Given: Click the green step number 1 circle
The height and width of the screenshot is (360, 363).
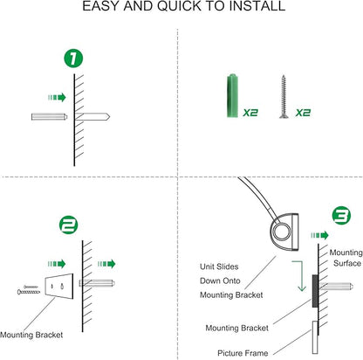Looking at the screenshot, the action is [73, 59].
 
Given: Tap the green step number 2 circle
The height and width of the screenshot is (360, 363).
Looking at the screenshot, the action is [69, 225].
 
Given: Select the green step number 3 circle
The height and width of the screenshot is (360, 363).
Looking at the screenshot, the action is [341, 216].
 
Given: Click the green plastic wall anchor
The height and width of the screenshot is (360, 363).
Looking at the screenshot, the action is [232, 95].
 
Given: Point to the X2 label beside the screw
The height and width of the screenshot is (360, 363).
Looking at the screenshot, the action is [303, 113].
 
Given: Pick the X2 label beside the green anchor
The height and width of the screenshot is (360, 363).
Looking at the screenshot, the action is [250, 113].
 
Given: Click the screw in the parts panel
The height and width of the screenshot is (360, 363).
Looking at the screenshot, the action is [283, 97].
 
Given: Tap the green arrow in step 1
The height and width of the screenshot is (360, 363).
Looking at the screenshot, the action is [57, 97].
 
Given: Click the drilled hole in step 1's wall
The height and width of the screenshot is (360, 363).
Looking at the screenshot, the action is [92, 117].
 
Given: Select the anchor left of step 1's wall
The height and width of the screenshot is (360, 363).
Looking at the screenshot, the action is [50, 117].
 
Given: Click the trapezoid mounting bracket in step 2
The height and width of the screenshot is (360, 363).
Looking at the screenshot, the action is [59, 287].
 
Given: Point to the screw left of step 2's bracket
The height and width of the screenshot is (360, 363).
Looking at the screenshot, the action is [29, 290].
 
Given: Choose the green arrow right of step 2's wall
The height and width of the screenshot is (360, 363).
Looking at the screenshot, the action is [106, 264].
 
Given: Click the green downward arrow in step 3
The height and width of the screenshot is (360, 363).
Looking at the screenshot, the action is [299, 276].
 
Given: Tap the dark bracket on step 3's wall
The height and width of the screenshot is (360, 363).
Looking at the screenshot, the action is [315, 291].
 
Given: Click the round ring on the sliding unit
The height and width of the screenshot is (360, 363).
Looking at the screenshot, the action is [282, 232].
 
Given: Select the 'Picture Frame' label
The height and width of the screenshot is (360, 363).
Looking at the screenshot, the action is [243, 353].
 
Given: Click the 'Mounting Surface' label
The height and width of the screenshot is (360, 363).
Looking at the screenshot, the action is [346, 258].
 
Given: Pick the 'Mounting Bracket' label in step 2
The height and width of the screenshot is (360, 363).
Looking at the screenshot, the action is [31, 335].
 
